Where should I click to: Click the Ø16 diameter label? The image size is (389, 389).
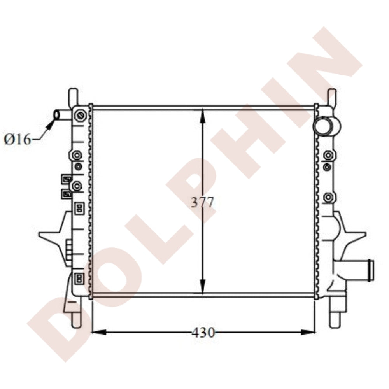tap(17, 140)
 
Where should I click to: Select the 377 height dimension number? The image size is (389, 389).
tap(202, 203)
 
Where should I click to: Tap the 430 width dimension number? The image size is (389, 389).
tap(203, 333)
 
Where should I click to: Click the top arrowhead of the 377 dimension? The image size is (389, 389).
tap(203, 116)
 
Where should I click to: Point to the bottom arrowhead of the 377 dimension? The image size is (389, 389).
tap(203, 286)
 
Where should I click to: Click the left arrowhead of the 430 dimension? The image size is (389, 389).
tap(99, 332)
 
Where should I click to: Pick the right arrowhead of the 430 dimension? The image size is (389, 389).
tap(308, 332)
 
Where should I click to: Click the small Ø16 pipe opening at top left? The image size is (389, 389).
tap(57, 115)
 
